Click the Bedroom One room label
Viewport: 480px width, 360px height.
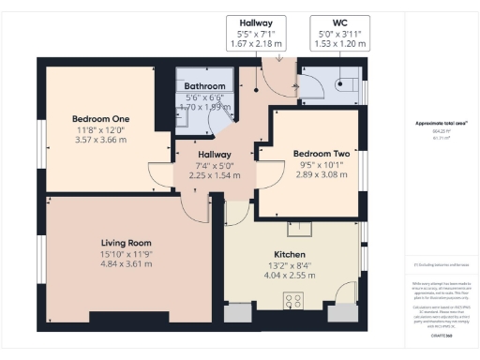click(x=100, y=119)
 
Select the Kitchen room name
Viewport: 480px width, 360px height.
click(x=290, y=254)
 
